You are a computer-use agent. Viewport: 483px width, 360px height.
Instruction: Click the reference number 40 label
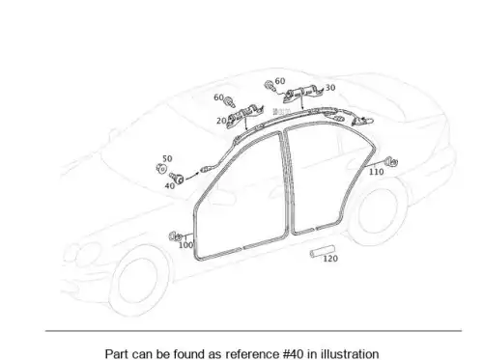click(170, 186)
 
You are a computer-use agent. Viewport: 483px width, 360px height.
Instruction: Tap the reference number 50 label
click(167, 158)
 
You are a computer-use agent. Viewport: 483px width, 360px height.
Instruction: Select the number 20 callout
click(221, 121)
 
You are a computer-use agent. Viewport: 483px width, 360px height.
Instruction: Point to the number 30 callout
click(330, 88)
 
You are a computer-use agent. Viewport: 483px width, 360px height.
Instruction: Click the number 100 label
click(185, 245)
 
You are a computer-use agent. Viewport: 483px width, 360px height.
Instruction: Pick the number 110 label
click(376, 172)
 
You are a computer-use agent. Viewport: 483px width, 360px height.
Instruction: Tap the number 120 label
click(330, 259)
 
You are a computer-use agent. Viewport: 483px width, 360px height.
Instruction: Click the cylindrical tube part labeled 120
click(322, 251)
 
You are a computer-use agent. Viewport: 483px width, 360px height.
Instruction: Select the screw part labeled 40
click(177, 178)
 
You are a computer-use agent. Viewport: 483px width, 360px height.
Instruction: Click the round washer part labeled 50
click(161, 168)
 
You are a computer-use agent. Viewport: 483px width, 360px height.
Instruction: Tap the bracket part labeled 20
click(244, 115)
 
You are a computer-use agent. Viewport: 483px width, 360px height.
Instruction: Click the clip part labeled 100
click(176, 236)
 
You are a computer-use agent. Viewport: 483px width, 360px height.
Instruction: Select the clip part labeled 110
click(391, 161)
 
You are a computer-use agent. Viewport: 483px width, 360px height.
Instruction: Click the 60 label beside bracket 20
click(218, 97)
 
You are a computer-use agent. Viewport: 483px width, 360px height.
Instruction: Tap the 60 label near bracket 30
click(280, 81)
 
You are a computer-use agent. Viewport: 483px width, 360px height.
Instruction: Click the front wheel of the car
click(138, 279)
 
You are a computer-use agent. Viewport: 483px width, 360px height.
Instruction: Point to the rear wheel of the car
click(377, 211)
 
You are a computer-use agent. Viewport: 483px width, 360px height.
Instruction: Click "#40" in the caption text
click(293, 353)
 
